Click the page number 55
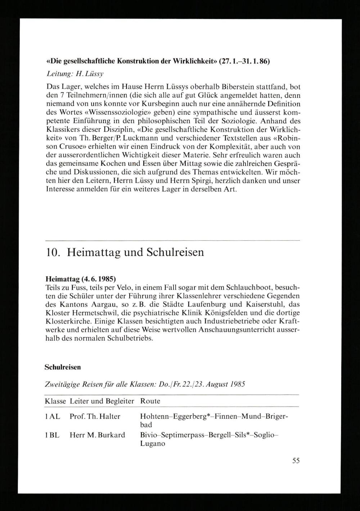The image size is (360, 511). click(x=296, y=461)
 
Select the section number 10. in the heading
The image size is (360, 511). click(x=53, y=252)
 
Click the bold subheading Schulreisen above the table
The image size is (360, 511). click(x=63, y=367)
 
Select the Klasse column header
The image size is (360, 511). click(x=55, y=401)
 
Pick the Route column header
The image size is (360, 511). click(x=150, y=401)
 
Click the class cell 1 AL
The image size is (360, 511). click(x=52, y=416)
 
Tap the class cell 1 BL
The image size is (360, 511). click(x=52, y=435)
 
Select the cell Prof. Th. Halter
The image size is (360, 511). click(x=95, y=416)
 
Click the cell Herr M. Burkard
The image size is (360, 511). click(x=97, y=435)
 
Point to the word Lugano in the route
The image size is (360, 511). click(x=152, y=444)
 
